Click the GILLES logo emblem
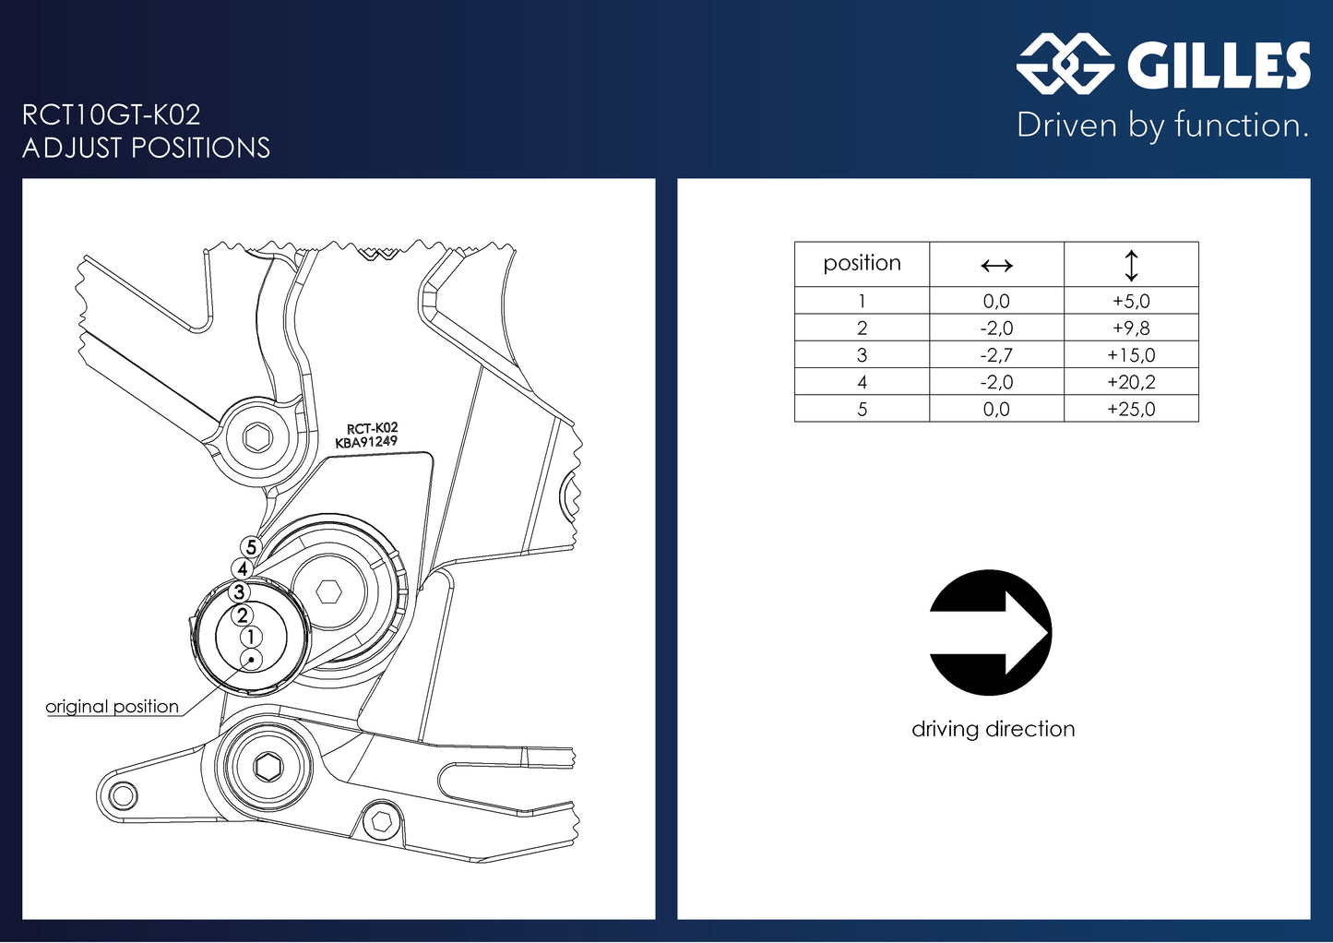(1065, 64)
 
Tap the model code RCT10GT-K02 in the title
(112, 115)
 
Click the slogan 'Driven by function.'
(1162, 125)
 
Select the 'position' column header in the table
(862, 264)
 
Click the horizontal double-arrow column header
(996, 266)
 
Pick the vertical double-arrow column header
(1131, 266)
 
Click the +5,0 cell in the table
(1131, 301)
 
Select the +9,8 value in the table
(1131, 328)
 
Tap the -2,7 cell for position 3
(996, 355)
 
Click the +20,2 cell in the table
(1131, 382)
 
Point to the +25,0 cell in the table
(1131, 410)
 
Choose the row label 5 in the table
(862, 410)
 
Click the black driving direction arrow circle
(990, 633)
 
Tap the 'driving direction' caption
(993, 729)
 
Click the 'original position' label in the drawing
(112, 707)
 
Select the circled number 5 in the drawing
(251, 548)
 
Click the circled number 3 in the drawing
(239, 592)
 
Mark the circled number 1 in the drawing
(251, 637)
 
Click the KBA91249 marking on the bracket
(366, 442)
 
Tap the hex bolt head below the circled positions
(268, 765)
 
